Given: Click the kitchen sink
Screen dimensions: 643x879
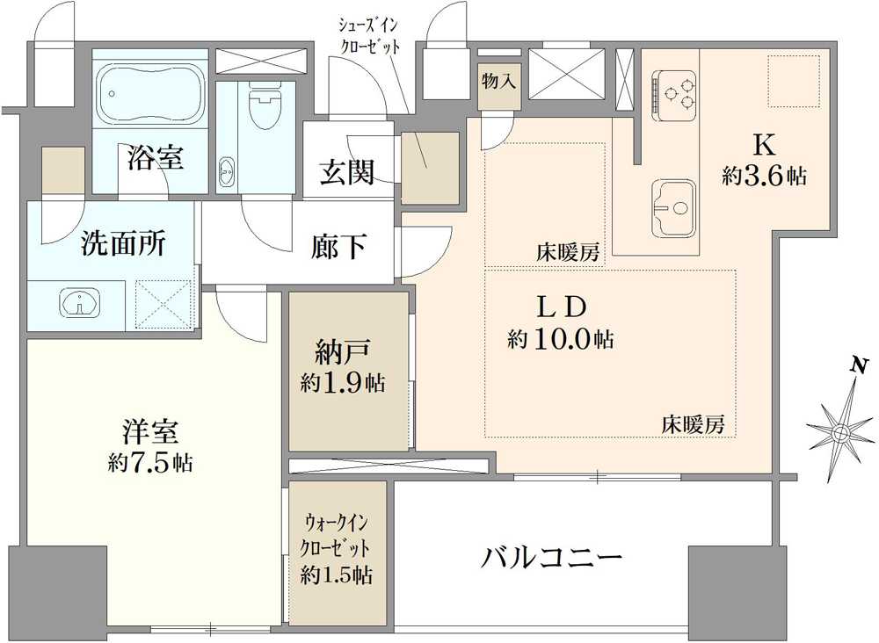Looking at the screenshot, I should pyautogui.click(x=672, y=208).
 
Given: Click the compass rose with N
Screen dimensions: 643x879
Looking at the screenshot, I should pyautogui.click(x=839, y=430).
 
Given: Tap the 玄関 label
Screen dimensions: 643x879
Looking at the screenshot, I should pyautogui.click(x=347, y=171).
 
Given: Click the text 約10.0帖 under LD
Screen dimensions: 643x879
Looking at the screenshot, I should pyautogui.click(x=560, y=339).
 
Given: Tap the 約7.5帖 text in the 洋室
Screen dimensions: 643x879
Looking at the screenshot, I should pyautogui.click(x=151, y=461).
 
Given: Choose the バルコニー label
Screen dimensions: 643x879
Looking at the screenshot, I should pyautogui.click(x=552, y=557).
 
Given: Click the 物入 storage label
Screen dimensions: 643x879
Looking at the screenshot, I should pyautogui.click(x=498, y=80).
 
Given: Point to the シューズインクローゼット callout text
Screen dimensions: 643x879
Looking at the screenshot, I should pyautogui.click(x=374, y=33).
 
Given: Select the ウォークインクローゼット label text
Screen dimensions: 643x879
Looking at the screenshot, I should pyautogui.click(x=338, y=535).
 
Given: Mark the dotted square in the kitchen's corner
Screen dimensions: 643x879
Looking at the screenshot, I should pyautogui.click(x=794, y=81).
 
